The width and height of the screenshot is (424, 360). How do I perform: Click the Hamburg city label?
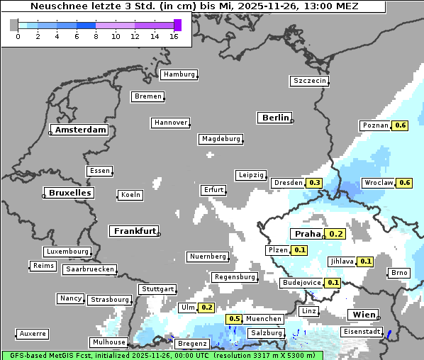179,74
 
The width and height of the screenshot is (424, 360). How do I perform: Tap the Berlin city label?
276,118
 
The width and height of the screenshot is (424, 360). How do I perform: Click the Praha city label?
308,234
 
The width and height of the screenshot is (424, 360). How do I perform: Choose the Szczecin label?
310,81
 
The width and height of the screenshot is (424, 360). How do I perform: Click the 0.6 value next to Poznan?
401,125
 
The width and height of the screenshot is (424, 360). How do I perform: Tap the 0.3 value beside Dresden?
315,183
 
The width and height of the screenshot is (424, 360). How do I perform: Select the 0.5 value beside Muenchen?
235,319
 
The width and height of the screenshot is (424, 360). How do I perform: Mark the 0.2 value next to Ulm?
206,308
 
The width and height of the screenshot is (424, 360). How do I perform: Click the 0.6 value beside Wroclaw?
405,183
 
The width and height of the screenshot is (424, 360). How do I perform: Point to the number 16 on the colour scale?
173,37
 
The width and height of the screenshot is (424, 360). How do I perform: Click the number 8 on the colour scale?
96,37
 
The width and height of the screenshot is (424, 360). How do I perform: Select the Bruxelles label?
69,193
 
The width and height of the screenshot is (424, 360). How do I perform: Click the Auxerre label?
33,333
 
